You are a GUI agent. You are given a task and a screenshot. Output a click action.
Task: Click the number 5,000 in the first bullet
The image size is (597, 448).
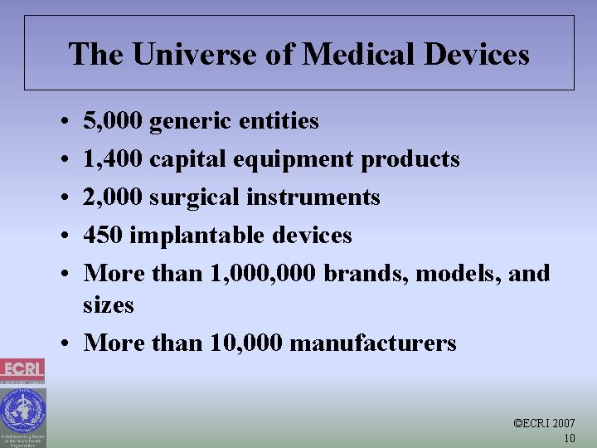tap(113, 121)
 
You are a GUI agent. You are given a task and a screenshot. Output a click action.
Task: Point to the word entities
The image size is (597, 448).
tap(279, 121)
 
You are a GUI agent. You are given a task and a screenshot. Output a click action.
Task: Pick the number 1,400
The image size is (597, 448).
tap(113, 159)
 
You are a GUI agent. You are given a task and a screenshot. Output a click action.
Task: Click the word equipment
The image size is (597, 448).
tap(304, 159)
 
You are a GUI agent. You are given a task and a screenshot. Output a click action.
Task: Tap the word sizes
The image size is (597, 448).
tap(108, 305)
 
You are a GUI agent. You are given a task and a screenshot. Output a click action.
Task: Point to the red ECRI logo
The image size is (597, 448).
tap(22, 369)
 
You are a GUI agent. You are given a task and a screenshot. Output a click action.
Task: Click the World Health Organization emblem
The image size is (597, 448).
tap(22, 410)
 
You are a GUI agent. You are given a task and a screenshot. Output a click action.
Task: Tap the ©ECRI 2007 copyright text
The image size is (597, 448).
tap(545, 423)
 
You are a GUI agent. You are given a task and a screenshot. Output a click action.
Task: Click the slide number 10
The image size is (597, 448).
tap(569, 438)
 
